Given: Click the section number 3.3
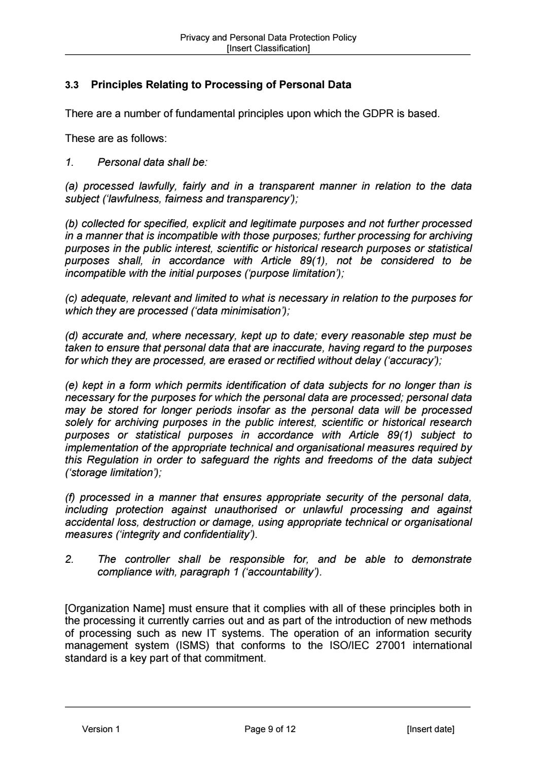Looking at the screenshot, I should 71,85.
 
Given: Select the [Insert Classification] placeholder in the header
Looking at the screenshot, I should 268,48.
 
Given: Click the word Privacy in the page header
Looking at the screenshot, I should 194,38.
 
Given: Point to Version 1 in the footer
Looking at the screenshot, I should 101,729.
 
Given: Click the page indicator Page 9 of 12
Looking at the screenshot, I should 270,729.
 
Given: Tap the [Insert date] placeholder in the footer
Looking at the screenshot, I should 430,729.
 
